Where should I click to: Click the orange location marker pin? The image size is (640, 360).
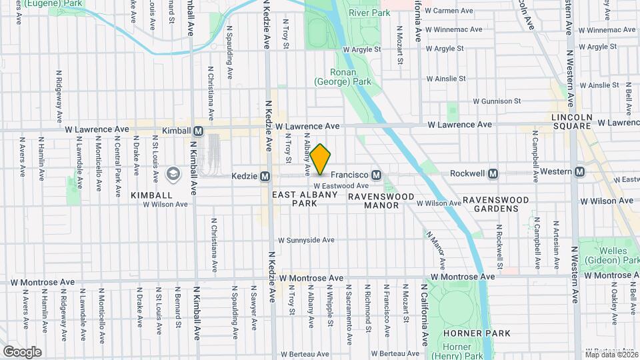(320, 159)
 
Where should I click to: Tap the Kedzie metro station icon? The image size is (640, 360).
(265, 176)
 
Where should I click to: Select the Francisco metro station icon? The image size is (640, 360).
(376, 175)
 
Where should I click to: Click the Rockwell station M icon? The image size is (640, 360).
(493, 173)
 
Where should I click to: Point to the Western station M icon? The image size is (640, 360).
(579, 171)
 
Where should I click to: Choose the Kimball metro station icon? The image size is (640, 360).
(197, 131)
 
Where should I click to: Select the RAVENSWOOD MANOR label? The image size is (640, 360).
(381, 201)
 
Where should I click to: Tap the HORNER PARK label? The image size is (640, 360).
(479, 333)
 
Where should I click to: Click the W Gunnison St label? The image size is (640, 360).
(497, 101)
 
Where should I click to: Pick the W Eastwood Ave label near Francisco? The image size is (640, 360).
(341, 186)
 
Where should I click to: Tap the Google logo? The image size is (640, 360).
(22, 351)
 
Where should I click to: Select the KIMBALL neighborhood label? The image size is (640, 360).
(152, 195)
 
